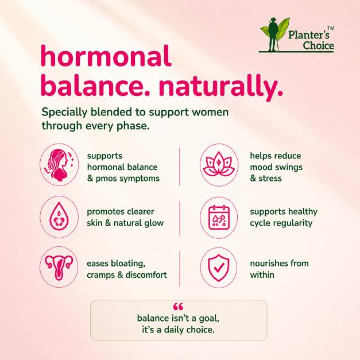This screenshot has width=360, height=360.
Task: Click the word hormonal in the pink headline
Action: point(106,56)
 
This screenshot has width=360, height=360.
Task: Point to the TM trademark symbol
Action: point(331,29)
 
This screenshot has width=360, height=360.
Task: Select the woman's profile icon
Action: point(60,165)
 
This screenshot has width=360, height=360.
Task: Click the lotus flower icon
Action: point(219,165)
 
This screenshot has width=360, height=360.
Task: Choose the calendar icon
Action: point(219,217)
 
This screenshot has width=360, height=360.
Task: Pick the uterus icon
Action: point(59,267)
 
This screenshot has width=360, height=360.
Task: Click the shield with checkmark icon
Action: point(219,268)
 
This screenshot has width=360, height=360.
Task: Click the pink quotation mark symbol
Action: point(178,306)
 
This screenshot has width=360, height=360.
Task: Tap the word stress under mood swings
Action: point(270,179)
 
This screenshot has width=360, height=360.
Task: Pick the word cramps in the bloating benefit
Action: point(100,275)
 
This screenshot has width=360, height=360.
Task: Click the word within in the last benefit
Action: point(262,274)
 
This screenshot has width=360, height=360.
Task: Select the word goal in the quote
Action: point(209,319)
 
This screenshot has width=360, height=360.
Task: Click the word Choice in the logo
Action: point(318,45)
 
